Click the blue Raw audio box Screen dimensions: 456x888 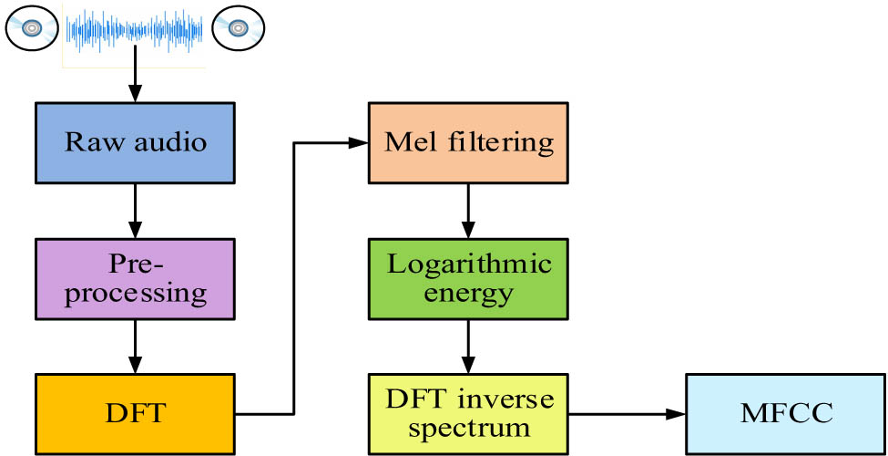(x=135, y=142)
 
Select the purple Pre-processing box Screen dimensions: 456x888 (x=135, y=278)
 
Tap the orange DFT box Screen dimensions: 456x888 (x=135, y=413)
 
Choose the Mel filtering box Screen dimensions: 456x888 (x=468, y=142)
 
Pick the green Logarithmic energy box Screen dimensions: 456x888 (x=468, y=278)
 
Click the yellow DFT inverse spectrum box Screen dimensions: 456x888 (x=468, y=413)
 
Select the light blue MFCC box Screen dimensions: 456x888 (x=786, y=413)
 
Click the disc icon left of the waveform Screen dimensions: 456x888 (x=32, y=29)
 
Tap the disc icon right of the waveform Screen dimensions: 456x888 (x=238, y=29)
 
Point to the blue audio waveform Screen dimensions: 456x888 (x=135, y=29)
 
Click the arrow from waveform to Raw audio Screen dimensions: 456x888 (x=135, y=78)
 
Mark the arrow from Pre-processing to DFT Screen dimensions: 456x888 (x=135, y=346)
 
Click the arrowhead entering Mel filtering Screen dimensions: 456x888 (x=358, y=142)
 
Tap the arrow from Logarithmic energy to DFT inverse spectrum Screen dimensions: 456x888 (x=468, y=346)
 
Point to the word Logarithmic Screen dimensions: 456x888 (x=469, y=264)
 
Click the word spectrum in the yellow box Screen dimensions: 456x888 (x=469, y=427)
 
